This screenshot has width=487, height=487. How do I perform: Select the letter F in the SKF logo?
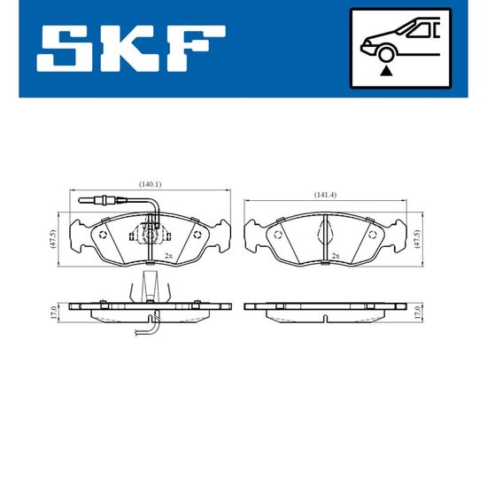click(x=198, y=49)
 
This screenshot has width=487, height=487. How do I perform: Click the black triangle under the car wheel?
click(x=386, y=71)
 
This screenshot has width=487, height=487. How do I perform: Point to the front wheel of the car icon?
click(x=386, y=54)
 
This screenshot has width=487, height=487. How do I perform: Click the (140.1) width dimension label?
click(x=150, y=184)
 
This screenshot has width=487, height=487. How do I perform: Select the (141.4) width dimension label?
click(x=325, y=195)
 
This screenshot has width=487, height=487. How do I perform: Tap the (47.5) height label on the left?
click(x=52, y=239)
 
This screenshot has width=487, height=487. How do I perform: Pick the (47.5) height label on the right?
click(x=417, y=239)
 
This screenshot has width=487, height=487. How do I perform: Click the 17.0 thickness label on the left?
click(x=53, y=313)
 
